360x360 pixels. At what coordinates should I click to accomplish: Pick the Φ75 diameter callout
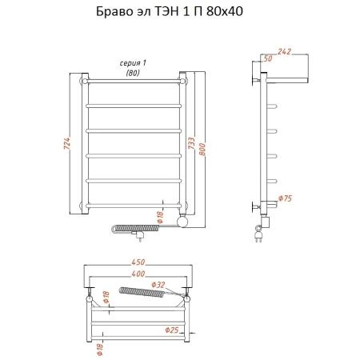tap(285, 198)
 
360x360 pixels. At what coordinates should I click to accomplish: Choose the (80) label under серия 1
tap(133, 73)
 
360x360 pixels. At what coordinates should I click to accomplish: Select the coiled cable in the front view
tap(127, 229)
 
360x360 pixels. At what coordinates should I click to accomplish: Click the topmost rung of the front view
tap(134, 80)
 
